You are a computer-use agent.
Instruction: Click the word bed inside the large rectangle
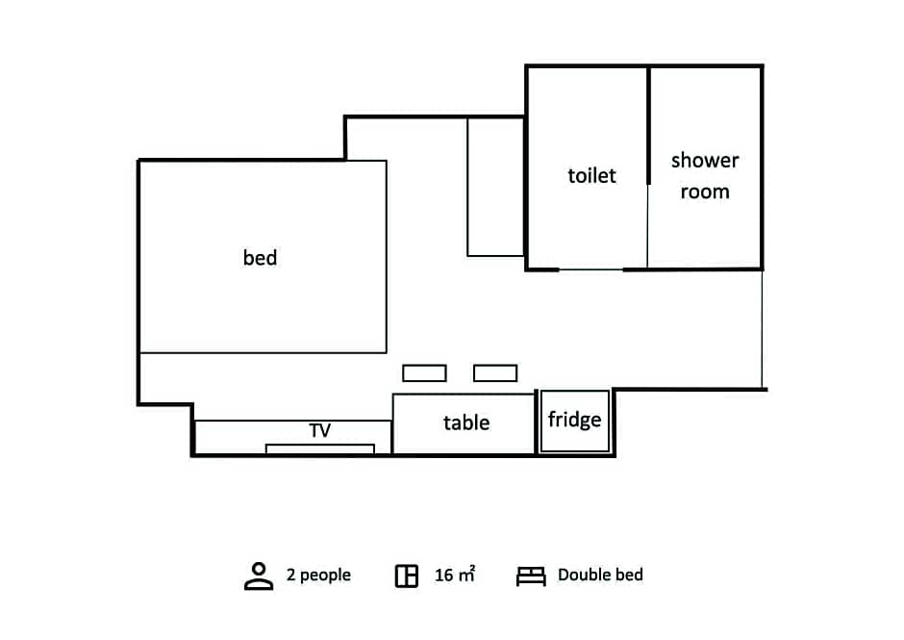[x=260, y=257]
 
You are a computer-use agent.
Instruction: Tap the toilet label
[x=591, y=175]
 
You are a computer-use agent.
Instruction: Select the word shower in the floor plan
[x=705, y=160]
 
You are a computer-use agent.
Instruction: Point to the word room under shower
[x=705, y=192]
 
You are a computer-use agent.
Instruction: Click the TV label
[x=320, y=430]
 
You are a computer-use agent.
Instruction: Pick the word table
[x=466, y=422]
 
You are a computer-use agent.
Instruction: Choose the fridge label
[x=574, y=420]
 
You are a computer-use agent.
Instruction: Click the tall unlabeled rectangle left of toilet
[x=467, y=187]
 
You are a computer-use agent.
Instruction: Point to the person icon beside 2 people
[x=259, y=576]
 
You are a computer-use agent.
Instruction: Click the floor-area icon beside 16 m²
[x=407, y=576]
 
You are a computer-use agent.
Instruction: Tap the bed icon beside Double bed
[x=531, y=576]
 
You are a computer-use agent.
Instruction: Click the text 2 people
[x=318, y=575]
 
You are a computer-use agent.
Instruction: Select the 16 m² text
[x=455, y=574]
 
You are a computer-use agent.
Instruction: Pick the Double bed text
[x=600, y=575]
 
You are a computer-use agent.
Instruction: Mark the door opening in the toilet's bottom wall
[x=590, y=269]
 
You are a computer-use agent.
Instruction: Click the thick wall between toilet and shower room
[x=648, y=125]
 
